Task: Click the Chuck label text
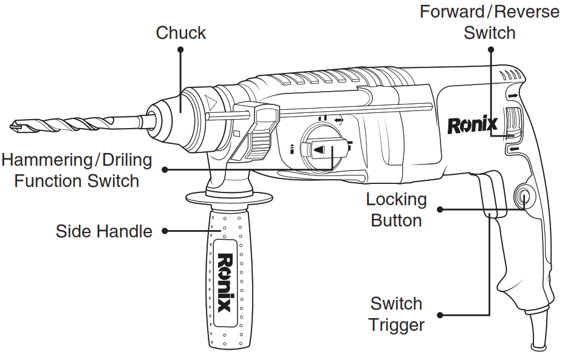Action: tap(180, 32)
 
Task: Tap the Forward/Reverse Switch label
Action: tap(489, 21)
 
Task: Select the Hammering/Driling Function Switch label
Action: tap(77, 170)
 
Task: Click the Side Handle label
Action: tap(104, 231)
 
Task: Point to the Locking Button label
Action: tap(396, 209)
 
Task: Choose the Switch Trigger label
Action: tap(397, 314)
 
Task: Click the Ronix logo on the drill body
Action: tap(473, 125)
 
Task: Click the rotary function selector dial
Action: tap(323, 149)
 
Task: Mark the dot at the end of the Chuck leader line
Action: tap(180, 50)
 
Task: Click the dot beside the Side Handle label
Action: tap(165, 231)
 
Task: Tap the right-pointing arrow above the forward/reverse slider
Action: tap(514, 96)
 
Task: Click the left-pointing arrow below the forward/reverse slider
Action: tap(515, 149)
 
